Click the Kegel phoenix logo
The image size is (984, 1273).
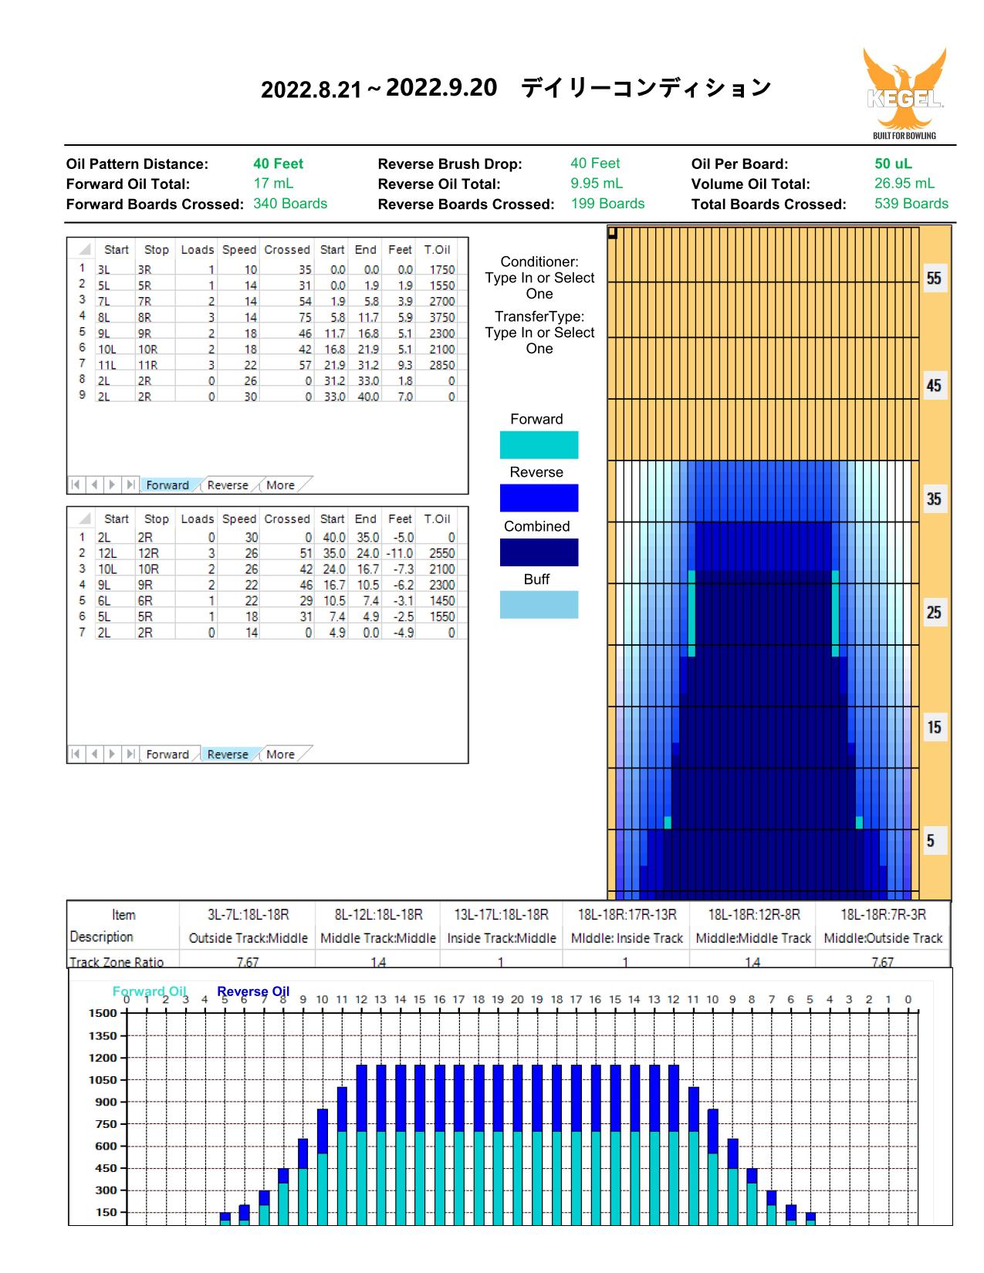pos(905,93)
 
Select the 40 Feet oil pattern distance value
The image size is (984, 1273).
pos(278,164)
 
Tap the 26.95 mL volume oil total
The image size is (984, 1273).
pos(904,184)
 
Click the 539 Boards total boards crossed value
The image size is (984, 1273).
pos(911,203)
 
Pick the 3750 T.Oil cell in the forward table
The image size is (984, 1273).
pos(441,317)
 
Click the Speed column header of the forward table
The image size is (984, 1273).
pos(238,249)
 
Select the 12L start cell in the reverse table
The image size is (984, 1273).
pos(107,553)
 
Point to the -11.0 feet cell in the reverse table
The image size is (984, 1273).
pos(400,553)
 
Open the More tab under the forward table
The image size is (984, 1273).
pos(280,485)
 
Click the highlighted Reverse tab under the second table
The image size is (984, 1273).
pos(228,755)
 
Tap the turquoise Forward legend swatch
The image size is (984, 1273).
pos(539,444)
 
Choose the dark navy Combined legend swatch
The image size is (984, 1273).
pos(539,552)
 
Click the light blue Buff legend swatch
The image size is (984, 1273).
pos(539,605)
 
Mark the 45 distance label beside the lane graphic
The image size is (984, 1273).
pos(934,386)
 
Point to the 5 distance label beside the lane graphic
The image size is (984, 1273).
pos(930,841)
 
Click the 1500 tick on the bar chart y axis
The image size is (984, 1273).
pos(103,1014)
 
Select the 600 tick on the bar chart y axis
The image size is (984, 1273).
pos(106,1146)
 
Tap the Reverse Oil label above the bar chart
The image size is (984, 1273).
pos(253,991)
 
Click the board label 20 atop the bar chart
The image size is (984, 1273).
pos(517,999)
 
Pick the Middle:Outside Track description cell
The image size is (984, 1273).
pos(883,938)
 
